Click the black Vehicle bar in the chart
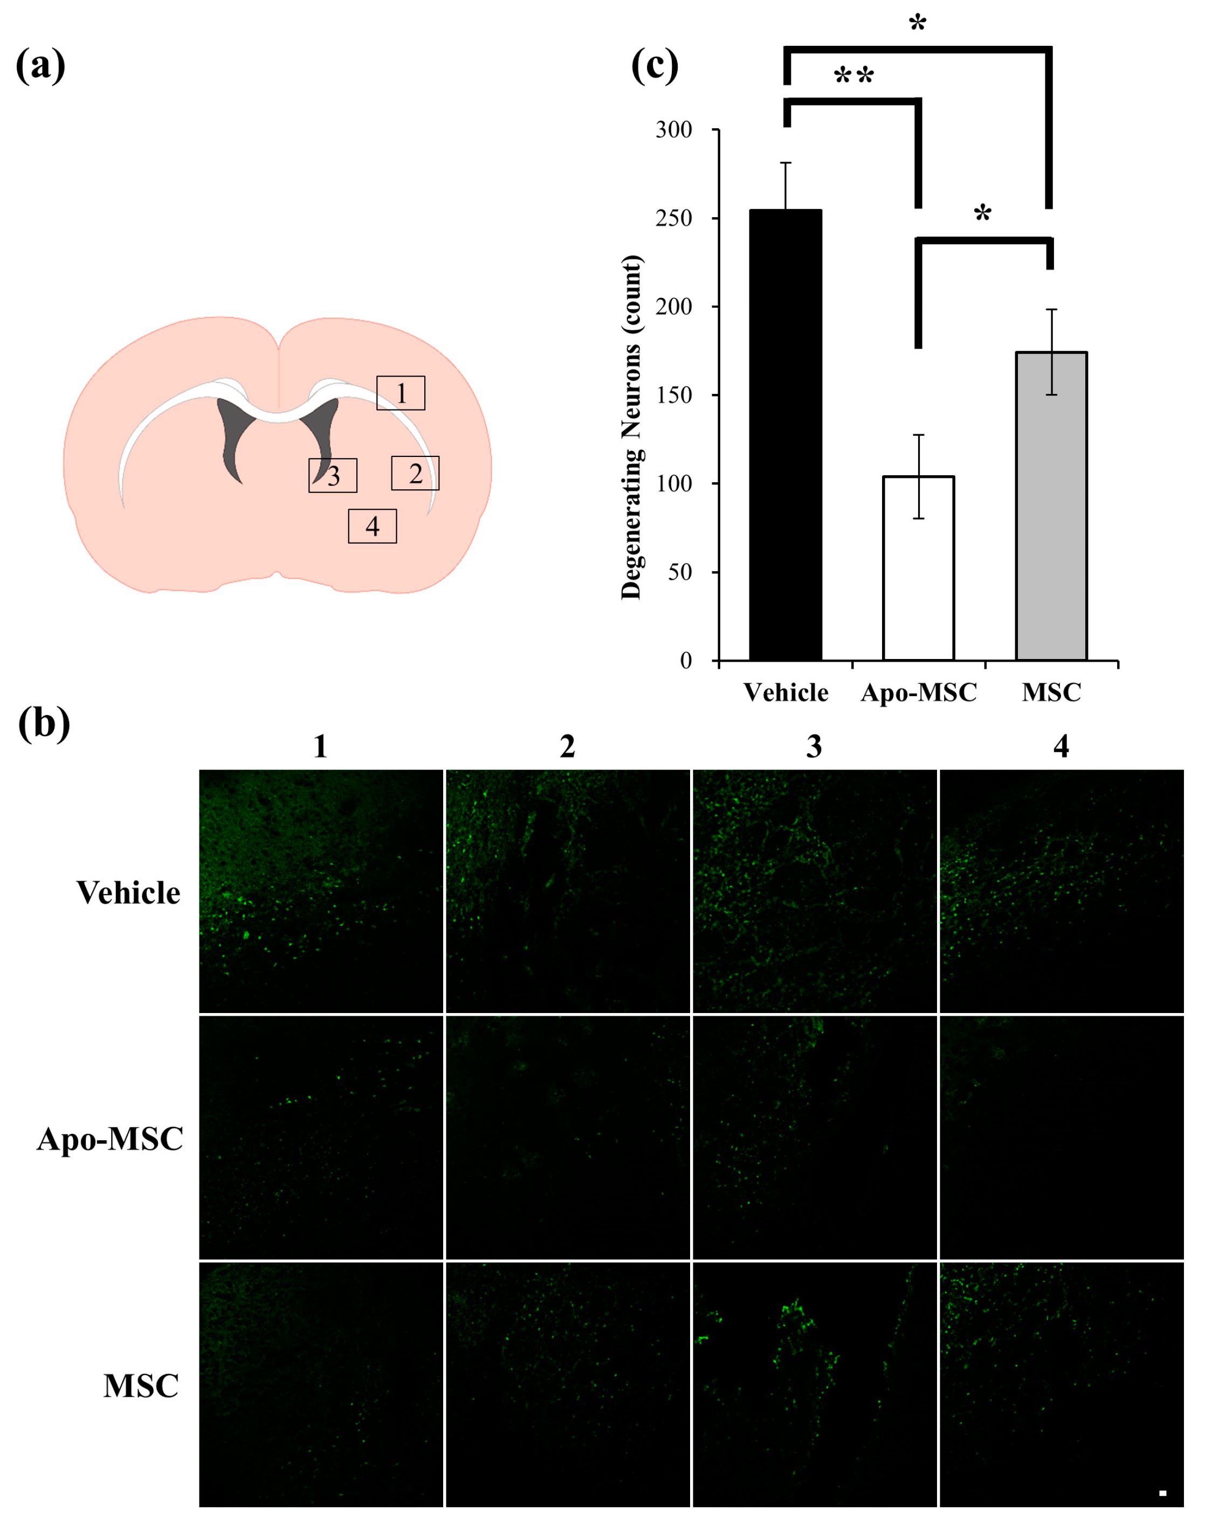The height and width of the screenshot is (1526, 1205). click(785, 434)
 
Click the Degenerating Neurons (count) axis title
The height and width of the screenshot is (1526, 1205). click(631, 427)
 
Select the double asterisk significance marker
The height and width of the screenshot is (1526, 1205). click(853, 75)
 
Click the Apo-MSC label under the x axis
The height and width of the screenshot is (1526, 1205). click(919, 693)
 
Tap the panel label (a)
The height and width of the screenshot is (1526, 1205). click(40, 66)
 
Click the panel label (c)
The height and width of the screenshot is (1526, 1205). click(654, 66)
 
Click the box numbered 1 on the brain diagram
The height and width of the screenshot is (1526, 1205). click(401, 393)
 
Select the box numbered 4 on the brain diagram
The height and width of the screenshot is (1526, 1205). click(373, 526)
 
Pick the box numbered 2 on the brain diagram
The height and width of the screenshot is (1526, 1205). click(416, 473)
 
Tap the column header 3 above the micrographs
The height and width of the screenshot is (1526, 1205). click(814, 746)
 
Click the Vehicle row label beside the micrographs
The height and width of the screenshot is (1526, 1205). click(128, 893)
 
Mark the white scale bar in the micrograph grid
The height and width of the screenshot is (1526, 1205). click(1162, 1493)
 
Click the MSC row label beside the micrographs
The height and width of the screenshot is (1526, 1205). click(141, 1386)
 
